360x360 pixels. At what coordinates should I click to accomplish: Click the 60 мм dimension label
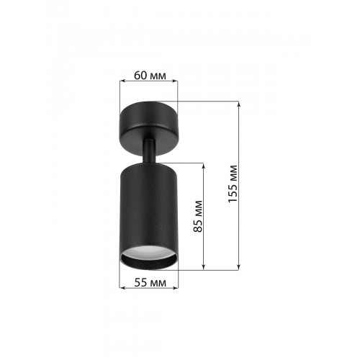[x=150, y=76]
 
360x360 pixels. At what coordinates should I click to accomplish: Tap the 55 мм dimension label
[x=150, y=283]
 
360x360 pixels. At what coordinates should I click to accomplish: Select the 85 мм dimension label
[x=198, y=216]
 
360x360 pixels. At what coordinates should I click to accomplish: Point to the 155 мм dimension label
[x=233, y=184]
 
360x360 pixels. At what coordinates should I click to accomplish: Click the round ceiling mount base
[x=149, y=128]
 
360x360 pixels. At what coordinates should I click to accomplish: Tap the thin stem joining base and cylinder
[x=149, y=152]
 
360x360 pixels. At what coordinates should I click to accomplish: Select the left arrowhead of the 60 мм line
[x=122, y=81]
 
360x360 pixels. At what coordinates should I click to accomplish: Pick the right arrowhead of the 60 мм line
[x=175, y=81]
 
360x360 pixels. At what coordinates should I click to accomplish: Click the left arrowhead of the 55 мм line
[x=122, y=287]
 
